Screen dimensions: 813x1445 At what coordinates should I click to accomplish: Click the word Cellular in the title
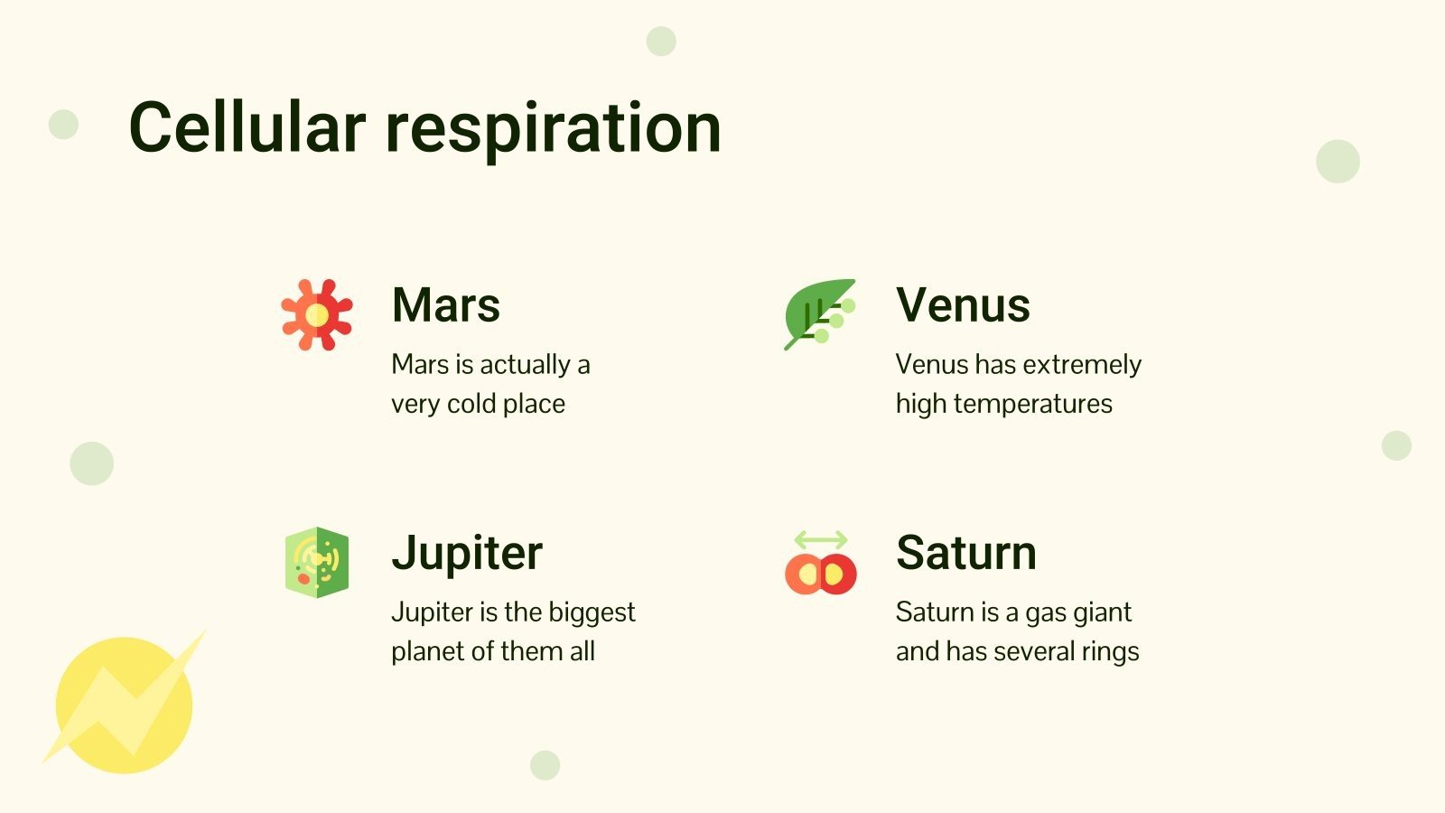247,126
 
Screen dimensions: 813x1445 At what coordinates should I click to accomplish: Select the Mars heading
446,304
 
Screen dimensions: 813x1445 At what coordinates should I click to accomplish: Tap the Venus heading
963,304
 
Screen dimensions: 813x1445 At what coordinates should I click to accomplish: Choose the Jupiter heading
467,553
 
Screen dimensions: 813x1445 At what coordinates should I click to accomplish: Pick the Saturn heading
965,552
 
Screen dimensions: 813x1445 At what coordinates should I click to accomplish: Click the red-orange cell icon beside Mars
316,314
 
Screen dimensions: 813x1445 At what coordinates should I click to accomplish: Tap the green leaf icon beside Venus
817,313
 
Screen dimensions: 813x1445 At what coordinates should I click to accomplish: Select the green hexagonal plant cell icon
316,562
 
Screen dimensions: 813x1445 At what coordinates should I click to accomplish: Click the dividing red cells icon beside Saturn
820,575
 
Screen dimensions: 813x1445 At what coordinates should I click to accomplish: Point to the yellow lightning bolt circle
125,704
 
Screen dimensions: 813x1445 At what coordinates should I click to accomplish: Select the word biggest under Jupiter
592,612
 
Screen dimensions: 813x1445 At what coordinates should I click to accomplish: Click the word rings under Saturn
1113,651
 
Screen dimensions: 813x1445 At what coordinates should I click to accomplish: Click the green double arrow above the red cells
820,540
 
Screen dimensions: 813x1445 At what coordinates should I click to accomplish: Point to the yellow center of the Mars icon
316,314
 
